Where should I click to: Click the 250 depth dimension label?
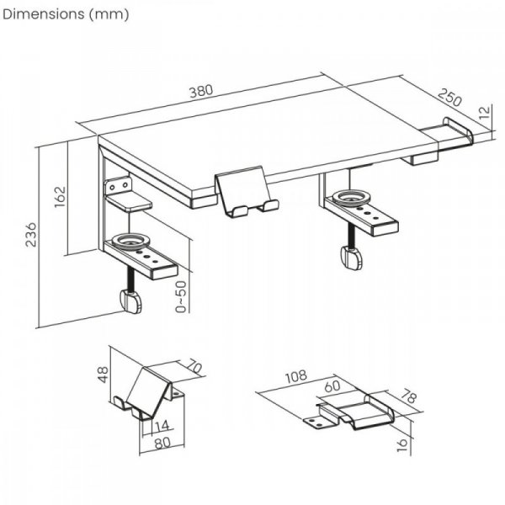tap(449, 98)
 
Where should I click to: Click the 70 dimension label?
tap(194, 367)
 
